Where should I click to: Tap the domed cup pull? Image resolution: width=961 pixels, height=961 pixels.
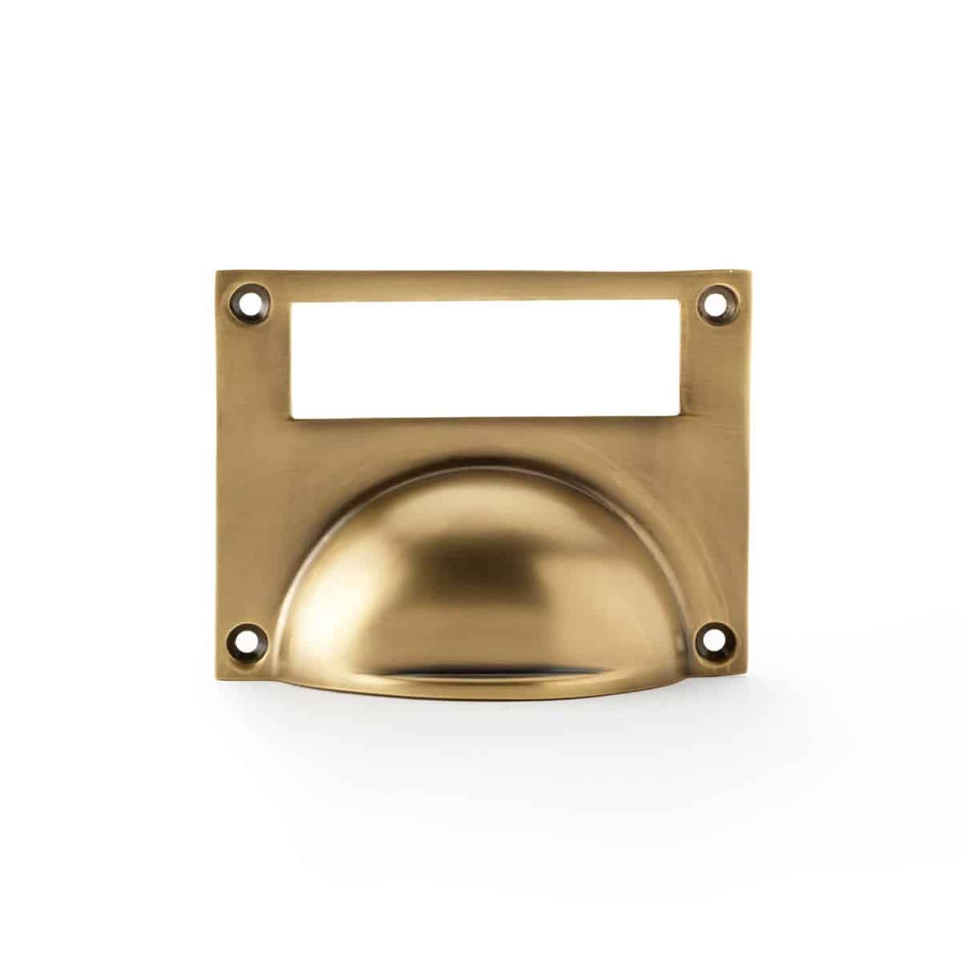coord(489,585)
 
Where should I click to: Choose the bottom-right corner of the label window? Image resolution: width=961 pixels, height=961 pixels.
coord(682,418)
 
